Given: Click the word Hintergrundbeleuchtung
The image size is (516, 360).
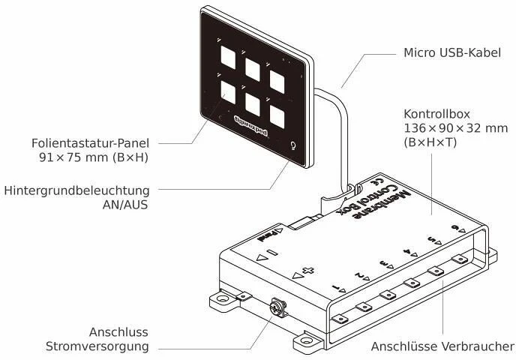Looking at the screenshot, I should [75, 190].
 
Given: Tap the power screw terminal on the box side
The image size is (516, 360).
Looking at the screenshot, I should [278, 307].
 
